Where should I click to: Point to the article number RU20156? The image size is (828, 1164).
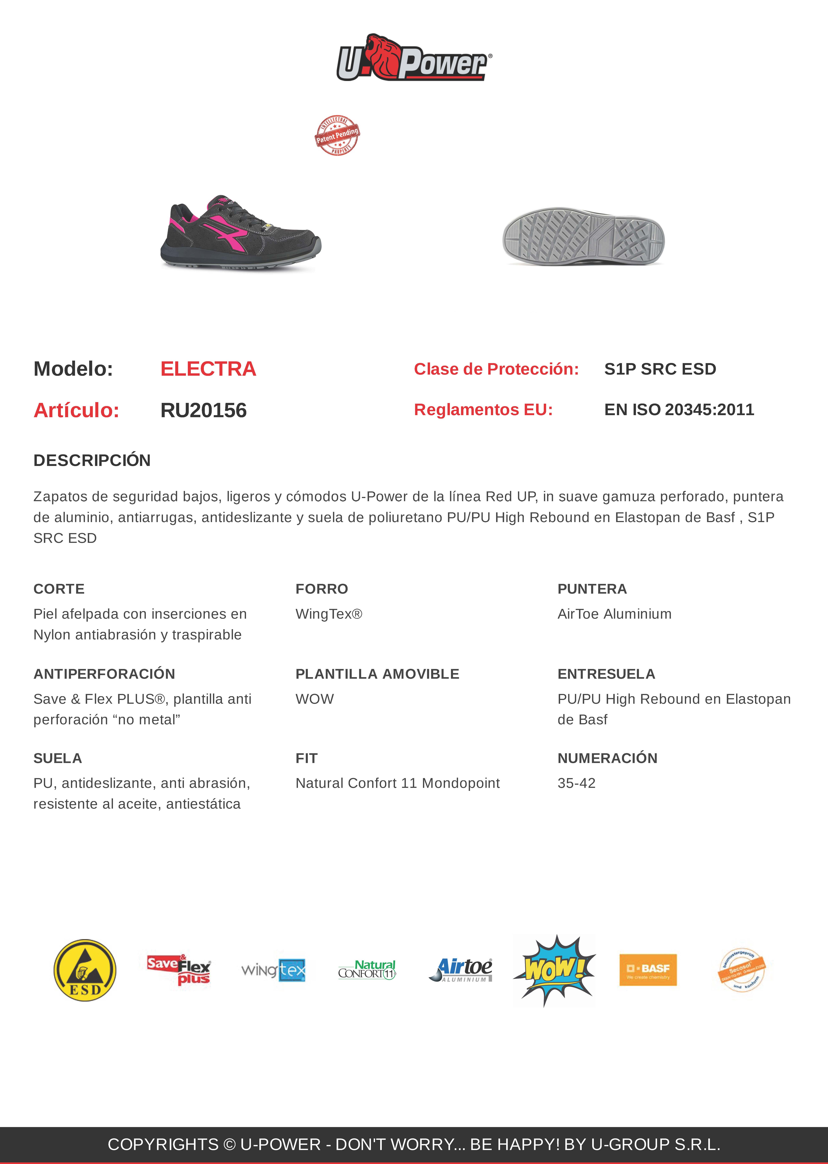pos(203,410)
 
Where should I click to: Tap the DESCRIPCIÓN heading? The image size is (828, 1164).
pos(92,460)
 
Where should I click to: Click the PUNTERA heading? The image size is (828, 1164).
pos(592,589)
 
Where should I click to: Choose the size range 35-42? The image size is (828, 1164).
pos(576,783)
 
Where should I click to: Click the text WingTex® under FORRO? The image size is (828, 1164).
pos(329,614)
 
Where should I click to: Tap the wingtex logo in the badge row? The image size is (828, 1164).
pos(273,970)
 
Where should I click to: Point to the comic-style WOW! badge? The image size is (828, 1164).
pos(554,970)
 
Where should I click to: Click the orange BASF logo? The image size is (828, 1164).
pos(648,970)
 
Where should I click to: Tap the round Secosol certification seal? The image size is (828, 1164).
pos(742,970)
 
